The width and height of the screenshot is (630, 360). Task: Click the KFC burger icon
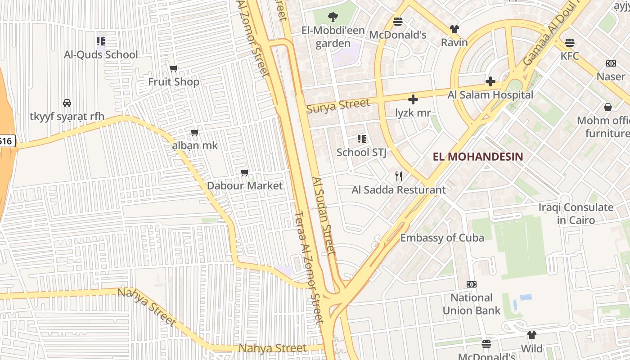click(570, 43)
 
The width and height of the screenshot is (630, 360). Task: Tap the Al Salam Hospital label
click(490, 95)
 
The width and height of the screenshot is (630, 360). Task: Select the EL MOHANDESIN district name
click(478, 157)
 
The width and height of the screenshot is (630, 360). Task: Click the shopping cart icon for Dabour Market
click(245, 173)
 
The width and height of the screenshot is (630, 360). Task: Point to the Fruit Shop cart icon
click(174, 69)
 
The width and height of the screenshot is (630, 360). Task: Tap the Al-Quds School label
click(101, 54)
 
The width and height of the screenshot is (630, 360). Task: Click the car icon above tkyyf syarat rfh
click(67, 103)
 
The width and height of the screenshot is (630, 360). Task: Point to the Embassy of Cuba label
click(442, 238)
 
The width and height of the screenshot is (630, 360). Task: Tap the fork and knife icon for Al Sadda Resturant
click(398, 176)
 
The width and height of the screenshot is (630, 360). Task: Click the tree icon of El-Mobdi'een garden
click(333, 17)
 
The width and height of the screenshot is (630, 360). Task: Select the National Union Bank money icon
click(471, 284)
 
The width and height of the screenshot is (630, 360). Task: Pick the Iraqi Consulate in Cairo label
click(576, 214)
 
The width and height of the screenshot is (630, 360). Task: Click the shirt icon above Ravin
click(454, 29)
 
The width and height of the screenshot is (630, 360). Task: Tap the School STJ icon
click(361, 139)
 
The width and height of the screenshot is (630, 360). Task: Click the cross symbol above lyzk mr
click(413, 99)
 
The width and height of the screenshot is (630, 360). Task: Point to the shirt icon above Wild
click(531, 335)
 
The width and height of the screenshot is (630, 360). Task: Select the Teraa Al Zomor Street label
click(309, 267)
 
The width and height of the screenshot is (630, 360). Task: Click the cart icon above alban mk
click(195, 132)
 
